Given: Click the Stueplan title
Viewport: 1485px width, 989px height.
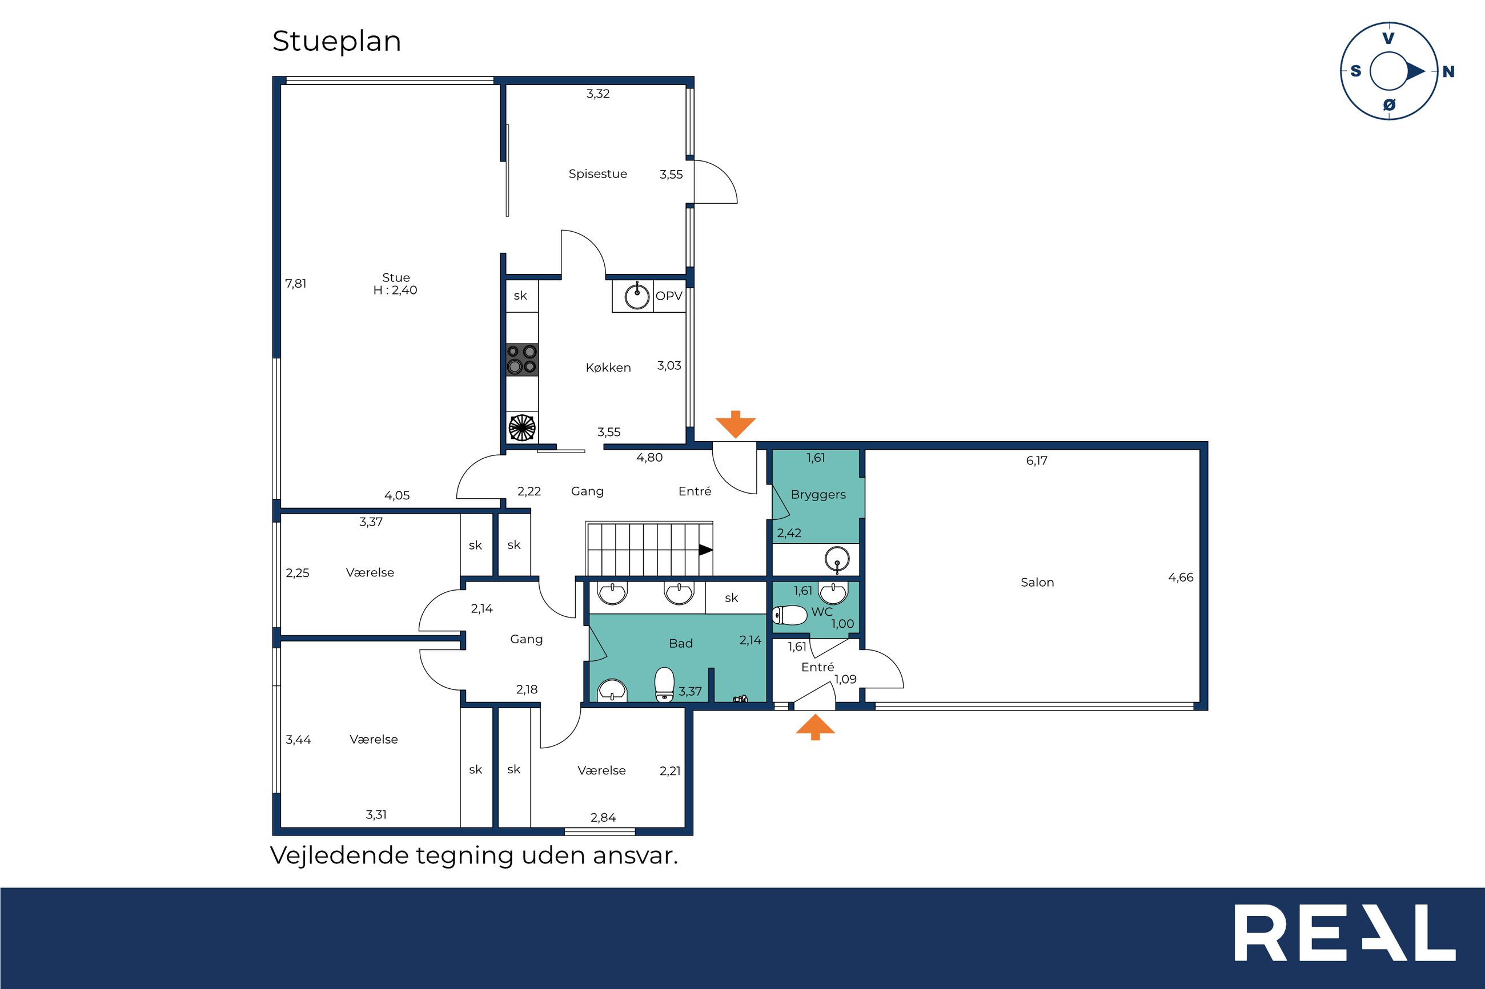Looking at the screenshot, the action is click(x=336, y=42).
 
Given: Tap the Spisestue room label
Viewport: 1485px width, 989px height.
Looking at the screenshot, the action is click(x=597, y=174).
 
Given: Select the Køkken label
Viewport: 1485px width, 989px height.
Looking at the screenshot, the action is click(x=608, y=368).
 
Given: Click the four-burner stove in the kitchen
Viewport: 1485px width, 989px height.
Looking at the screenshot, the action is click(x=522, y=360).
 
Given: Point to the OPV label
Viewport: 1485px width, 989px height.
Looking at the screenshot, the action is click(x=669, y=296).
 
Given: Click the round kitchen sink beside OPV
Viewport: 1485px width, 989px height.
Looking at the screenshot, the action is click(x=637, y=296).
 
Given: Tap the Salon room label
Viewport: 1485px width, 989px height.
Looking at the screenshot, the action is click(x=1037, y=582).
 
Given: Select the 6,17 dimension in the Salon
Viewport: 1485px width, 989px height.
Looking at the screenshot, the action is click(x=1036, y=461).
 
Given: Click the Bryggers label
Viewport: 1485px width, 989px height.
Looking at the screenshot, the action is click(x=818, y=494).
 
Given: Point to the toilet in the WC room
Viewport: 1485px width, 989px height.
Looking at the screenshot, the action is click(x=789, y=615).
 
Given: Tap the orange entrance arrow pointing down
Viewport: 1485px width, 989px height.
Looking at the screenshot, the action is click(x=735, y=424).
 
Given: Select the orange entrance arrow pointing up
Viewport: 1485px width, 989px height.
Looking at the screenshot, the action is click(x=815, y=726).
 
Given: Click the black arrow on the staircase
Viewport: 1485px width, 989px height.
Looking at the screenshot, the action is click(x=705, y=550).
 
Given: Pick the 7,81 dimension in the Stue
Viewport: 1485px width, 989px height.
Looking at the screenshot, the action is click(x=295, y=284).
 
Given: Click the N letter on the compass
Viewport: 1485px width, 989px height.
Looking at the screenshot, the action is click(x=1448, y=72).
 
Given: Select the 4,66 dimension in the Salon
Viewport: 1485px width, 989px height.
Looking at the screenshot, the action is click(x=1181, y=577).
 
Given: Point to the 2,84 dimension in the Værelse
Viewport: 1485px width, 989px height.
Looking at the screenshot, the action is click(x=603, y=817).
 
